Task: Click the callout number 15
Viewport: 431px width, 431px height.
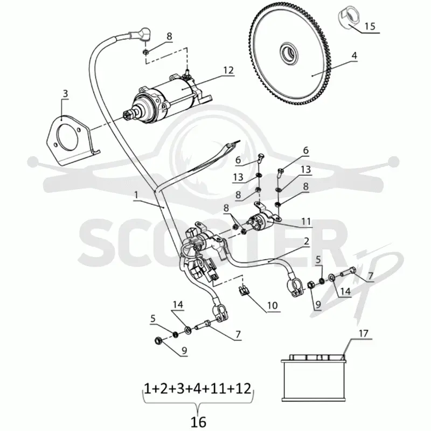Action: pos(370,26)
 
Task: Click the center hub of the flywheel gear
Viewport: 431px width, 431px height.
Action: pos(289,52)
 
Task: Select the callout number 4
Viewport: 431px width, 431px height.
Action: pos(354,55)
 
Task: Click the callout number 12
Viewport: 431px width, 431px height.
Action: pos(228,71)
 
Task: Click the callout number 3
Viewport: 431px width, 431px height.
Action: pos(65,94)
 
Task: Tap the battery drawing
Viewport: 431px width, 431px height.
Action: pos(314,378)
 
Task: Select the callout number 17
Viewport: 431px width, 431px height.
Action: pos(363,333)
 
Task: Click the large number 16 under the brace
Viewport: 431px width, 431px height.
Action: pos(198,422)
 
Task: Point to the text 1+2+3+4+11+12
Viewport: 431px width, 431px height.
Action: pos(198,389)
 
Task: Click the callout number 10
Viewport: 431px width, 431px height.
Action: pos(273,305)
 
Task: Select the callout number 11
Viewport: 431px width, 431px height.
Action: pos(306,221)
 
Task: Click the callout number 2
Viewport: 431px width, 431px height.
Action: pos(306,241)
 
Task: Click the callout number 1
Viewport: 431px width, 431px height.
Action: pos(136,195)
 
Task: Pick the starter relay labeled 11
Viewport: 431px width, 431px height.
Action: pos(261,220)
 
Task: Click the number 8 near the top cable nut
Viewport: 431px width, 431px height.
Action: pos(169,36)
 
